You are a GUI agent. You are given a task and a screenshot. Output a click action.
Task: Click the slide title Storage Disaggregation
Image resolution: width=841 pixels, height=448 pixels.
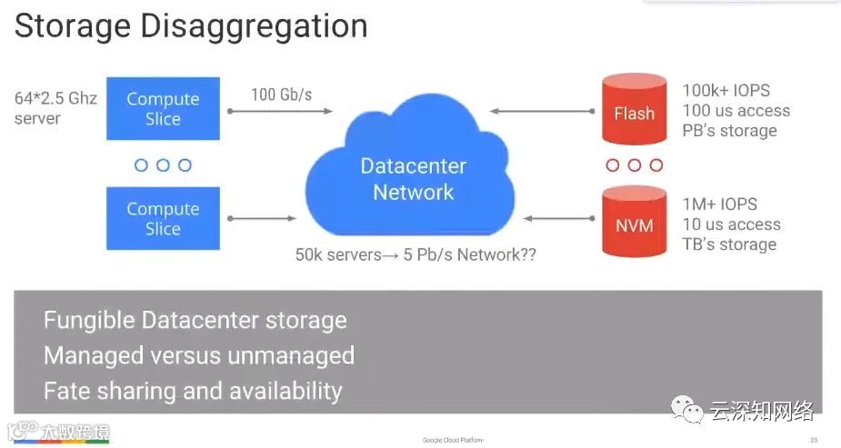coord(191,25)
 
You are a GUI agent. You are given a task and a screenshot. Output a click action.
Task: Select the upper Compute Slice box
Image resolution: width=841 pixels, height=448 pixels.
coord(163,109)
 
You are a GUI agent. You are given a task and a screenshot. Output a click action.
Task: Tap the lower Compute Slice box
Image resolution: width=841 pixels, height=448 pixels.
coord(163,219)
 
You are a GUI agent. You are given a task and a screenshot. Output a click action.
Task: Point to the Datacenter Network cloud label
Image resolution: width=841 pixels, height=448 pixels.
coord(413,179)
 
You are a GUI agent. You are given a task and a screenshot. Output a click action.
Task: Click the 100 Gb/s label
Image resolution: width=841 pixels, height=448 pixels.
coord(280,94)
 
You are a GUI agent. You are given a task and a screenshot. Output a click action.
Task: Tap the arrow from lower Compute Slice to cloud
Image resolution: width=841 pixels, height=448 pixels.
coord(262,219)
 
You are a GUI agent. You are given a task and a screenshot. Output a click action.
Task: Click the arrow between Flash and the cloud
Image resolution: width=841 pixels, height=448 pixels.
coord(544,111)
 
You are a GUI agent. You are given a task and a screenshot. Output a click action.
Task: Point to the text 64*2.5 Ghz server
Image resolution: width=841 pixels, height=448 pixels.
coord(55,107)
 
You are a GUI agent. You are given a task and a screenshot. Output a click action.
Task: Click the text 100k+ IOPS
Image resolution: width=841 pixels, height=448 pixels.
coord(726,91)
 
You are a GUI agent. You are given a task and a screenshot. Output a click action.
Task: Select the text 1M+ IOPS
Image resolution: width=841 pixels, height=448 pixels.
coord(719,204)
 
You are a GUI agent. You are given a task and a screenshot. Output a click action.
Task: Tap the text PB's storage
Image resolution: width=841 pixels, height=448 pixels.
coord(729,131)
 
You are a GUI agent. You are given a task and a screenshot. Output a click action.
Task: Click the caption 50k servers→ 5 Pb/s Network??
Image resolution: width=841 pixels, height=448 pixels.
coord(415,254)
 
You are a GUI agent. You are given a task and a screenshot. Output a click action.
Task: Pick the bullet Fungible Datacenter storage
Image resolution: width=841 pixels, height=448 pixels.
coord(195,321)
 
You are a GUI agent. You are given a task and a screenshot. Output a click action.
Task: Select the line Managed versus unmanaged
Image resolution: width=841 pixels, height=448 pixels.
coord(198,355)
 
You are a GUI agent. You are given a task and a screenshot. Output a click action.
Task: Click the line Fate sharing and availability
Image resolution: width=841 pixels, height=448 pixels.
coord(193,391)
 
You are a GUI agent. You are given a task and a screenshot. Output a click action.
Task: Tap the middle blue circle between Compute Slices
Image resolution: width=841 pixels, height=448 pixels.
coord(163,165)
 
